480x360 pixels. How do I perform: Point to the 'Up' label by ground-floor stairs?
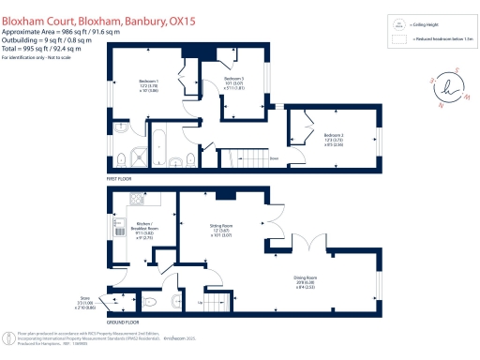click(x=202, y=303)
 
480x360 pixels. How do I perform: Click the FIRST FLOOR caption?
click(x=119, y=176)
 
